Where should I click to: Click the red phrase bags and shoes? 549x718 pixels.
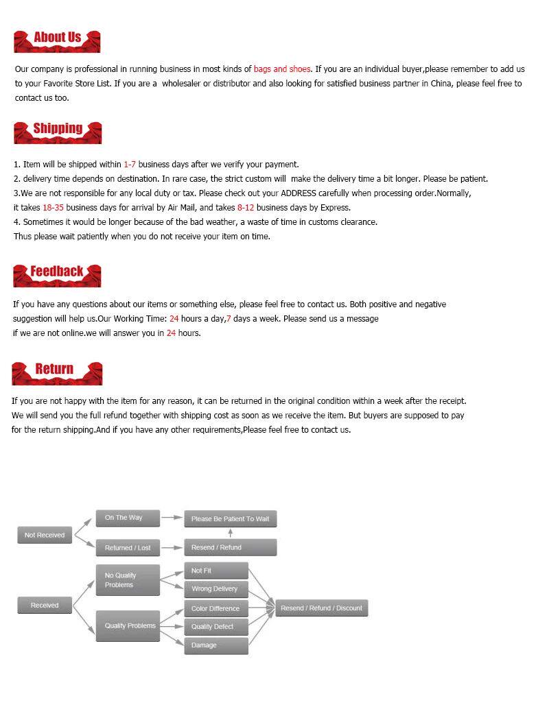tap(282, 69)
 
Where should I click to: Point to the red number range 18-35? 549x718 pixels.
tap(53, 207)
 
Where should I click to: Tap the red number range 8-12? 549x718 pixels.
tap(246, 207)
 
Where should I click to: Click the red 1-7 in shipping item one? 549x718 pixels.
tap(130, 165)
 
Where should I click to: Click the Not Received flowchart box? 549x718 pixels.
tap(45, 535)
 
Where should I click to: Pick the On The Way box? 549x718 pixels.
tap(128, 518)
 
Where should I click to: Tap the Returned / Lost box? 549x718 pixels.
tap(128, 547)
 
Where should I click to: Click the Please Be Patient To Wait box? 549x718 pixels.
tap(230, 518)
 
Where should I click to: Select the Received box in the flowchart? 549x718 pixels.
tap(45, 605)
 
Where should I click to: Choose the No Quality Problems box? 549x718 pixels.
tap(128, 580)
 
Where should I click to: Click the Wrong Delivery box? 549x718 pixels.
tap(216, 588)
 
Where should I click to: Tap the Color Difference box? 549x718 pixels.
tap(216, 608)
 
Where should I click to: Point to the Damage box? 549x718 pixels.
tap(216, 645)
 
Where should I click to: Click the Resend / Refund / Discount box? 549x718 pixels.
tap(321, 608)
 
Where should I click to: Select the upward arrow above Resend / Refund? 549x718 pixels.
tap(230, 533)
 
